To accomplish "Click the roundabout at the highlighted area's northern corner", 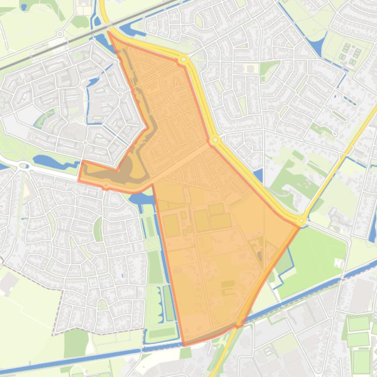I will (x=184, y=59).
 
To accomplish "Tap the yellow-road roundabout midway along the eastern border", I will (x=215, y=141).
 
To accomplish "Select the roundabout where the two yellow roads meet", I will (x=302, y=221).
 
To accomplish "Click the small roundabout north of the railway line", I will (x=60, y=34).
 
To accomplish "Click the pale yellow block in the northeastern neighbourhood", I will (x=251, y=69).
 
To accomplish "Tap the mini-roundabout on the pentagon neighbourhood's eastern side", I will (x=119, y=95).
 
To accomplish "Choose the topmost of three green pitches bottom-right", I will (x=358, y=324).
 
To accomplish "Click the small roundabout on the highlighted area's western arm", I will (x=106, y=185).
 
